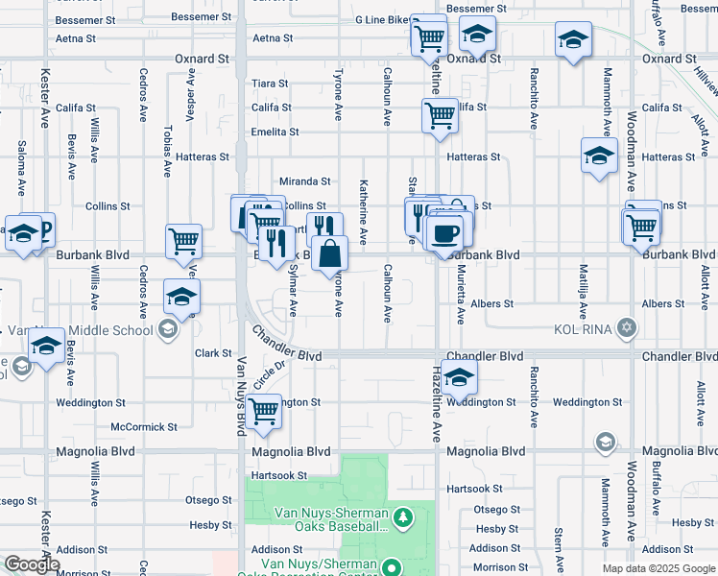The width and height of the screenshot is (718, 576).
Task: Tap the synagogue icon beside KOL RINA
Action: pos(627,328)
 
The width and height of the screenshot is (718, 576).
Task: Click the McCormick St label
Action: pos(144,426)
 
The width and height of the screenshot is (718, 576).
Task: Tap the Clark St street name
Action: pos(208,353)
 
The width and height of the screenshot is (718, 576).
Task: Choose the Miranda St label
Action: pos(304,180)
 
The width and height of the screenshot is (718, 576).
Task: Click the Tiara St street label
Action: pos(270,84)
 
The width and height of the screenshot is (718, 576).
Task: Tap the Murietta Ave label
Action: pos(460,297)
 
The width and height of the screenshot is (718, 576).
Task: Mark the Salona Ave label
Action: pos(21,164)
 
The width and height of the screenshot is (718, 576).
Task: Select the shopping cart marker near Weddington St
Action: pos(263,412)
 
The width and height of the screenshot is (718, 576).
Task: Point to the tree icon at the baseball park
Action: pos(404,518)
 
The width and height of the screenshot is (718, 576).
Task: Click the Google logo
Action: pos(31,564)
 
